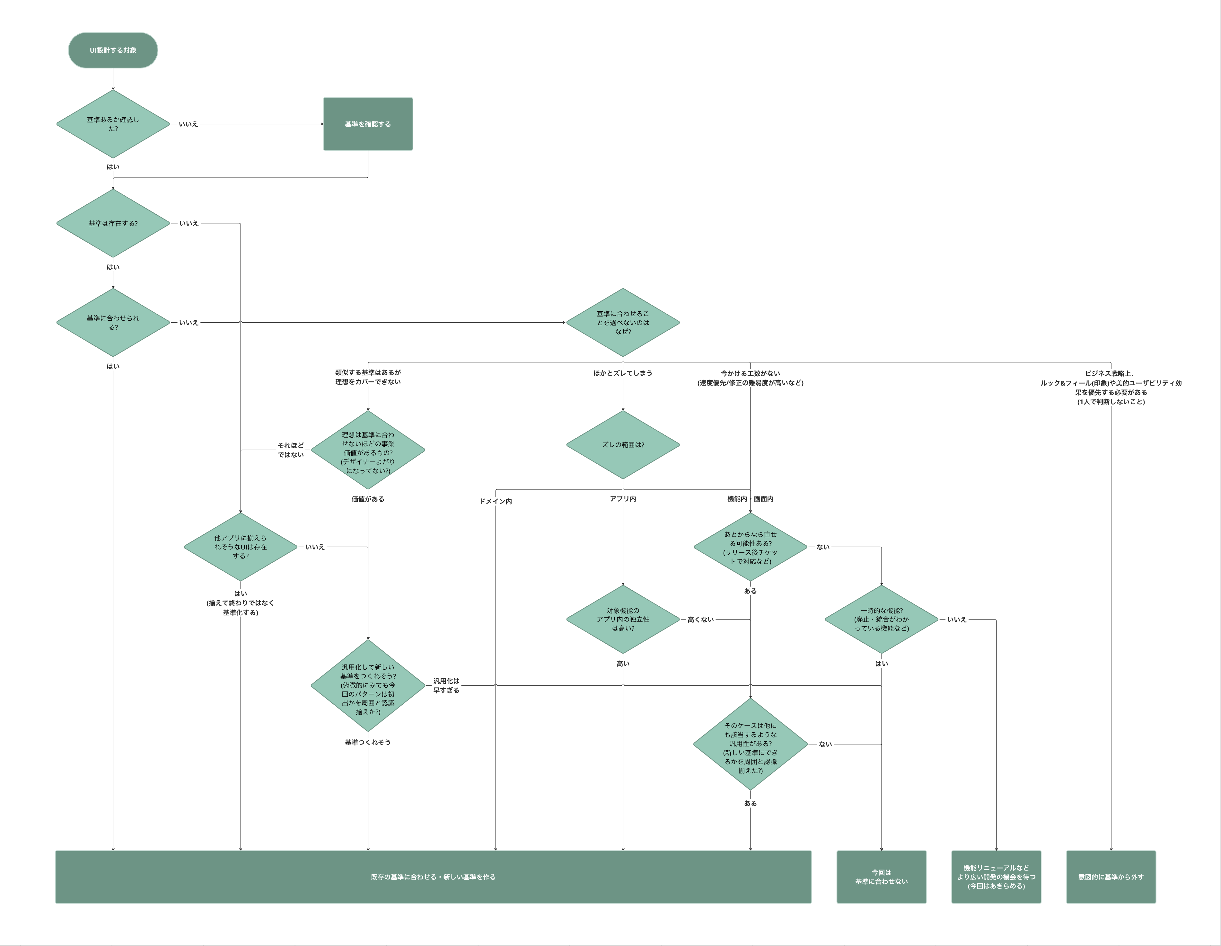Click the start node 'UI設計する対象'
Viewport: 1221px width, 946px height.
[113, 50]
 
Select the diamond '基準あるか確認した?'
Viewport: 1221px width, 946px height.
[113, 124]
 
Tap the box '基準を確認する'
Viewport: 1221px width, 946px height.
[368, 124]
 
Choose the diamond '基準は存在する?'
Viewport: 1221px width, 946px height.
[113, 223]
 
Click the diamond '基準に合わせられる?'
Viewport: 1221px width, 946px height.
[113, 323]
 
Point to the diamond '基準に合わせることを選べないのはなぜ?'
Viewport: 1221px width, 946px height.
[623, 323]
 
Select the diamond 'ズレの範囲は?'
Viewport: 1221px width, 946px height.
[623, 445]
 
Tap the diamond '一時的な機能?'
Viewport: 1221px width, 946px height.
[882, 619]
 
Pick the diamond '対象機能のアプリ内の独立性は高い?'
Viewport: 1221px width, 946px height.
[623, 619]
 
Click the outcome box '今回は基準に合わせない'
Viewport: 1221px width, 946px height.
[881, 877]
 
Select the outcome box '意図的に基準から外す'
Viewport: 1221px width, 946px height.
[1111, 877]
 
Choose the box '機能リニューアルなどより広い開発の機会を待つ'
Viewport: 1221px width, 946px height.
[996, 877]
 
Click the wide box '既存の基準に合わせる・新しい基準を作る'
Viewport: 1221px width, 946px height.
[433, 877]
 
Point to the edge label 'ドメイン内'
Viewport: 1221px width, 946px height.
[495, 501]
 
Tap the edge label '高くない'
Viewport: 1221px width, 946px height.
[700, 619]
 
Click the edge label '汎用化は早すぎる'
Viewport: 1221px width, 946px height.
[446, 685]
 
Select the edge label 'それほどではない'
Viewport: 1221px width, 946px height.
[291, 450]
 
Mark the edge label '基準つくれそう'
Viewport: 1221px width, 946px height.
[368, 742]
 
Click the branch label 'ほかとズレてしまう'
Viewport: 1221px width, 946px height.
[623, 373]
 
